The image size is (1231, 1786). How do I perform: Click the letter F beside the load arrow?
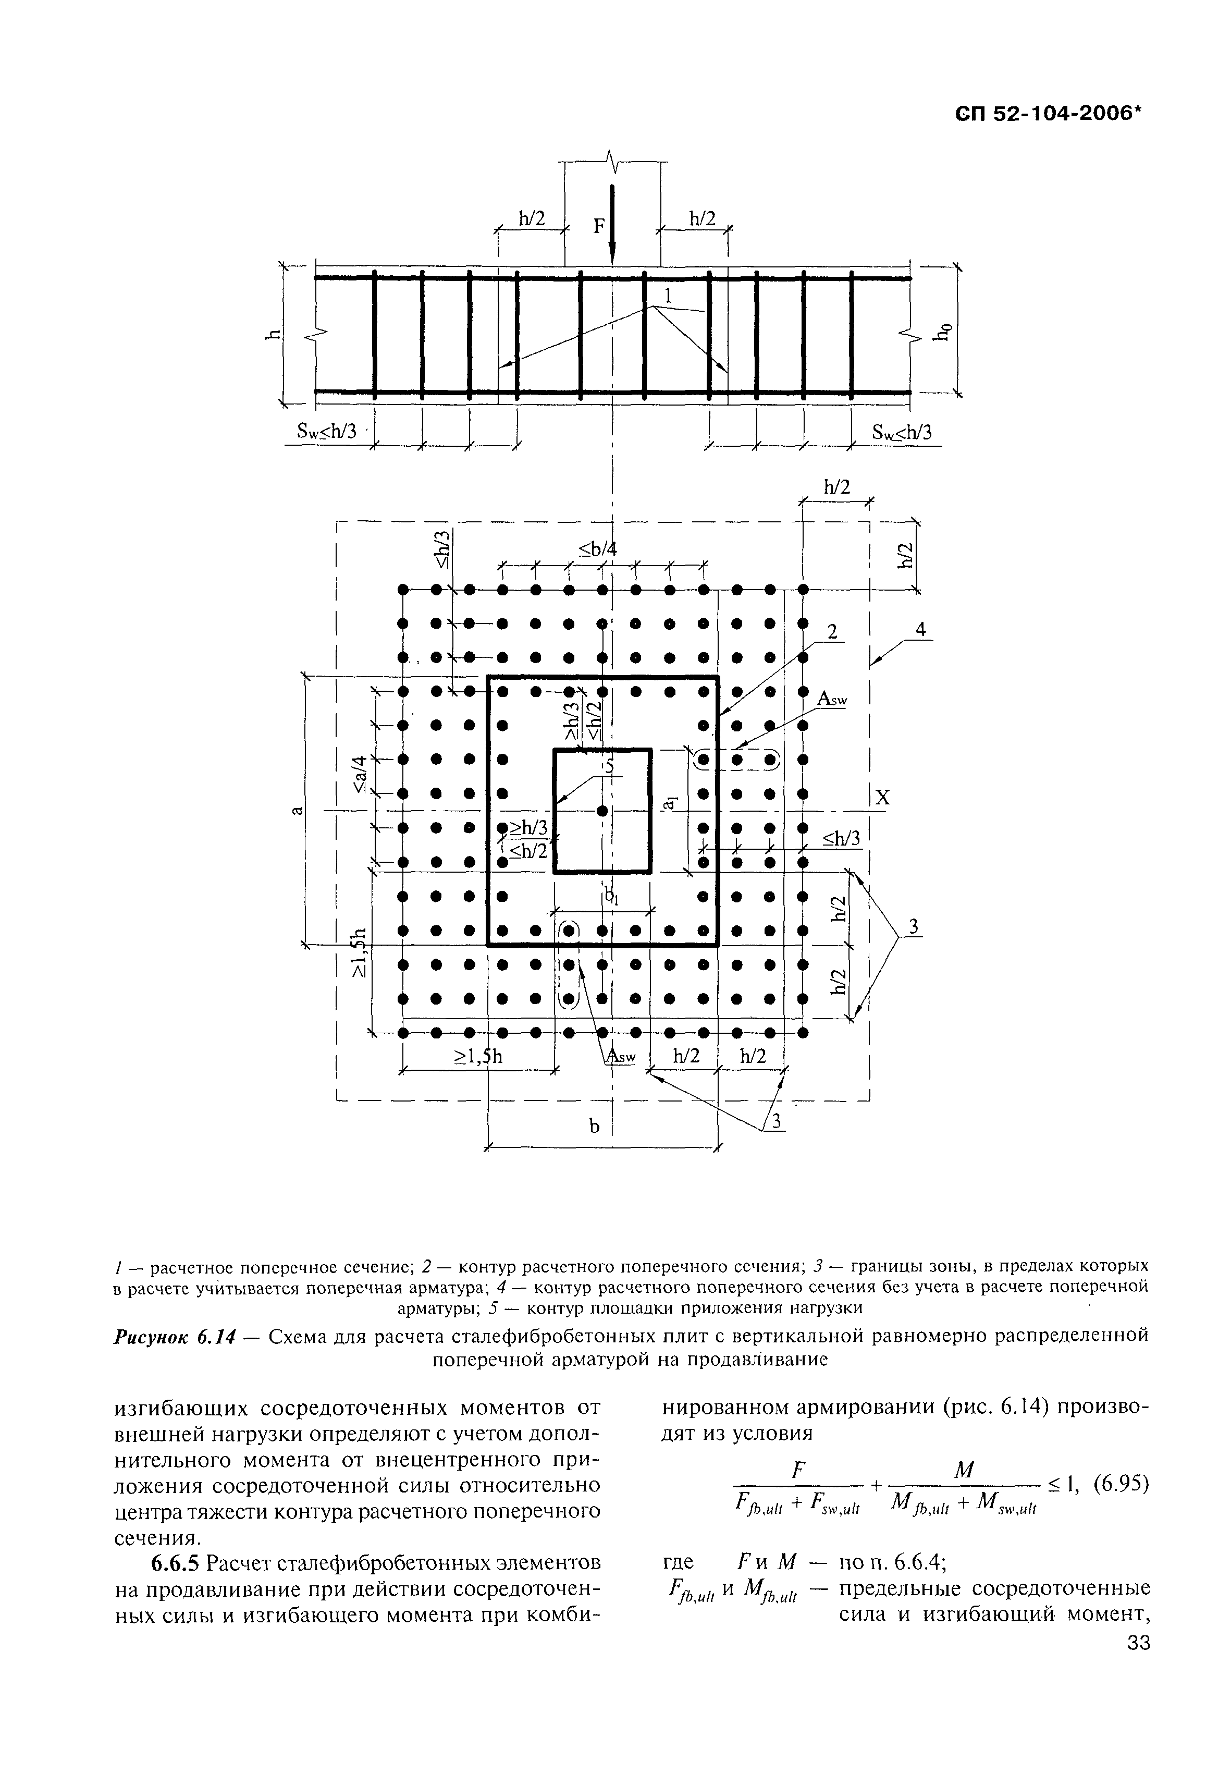(x=598, y=226)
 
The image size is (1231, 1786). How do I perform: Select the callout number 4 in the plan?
(x=920, y=630)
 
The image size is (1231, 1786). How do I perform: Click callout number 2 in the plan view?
(x=831, y=632)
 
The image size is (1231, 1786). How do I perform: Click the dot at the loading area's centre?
(x=601, y=811)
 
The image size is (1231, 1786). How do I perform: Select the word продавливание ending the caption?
(x=744, y=1360)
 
